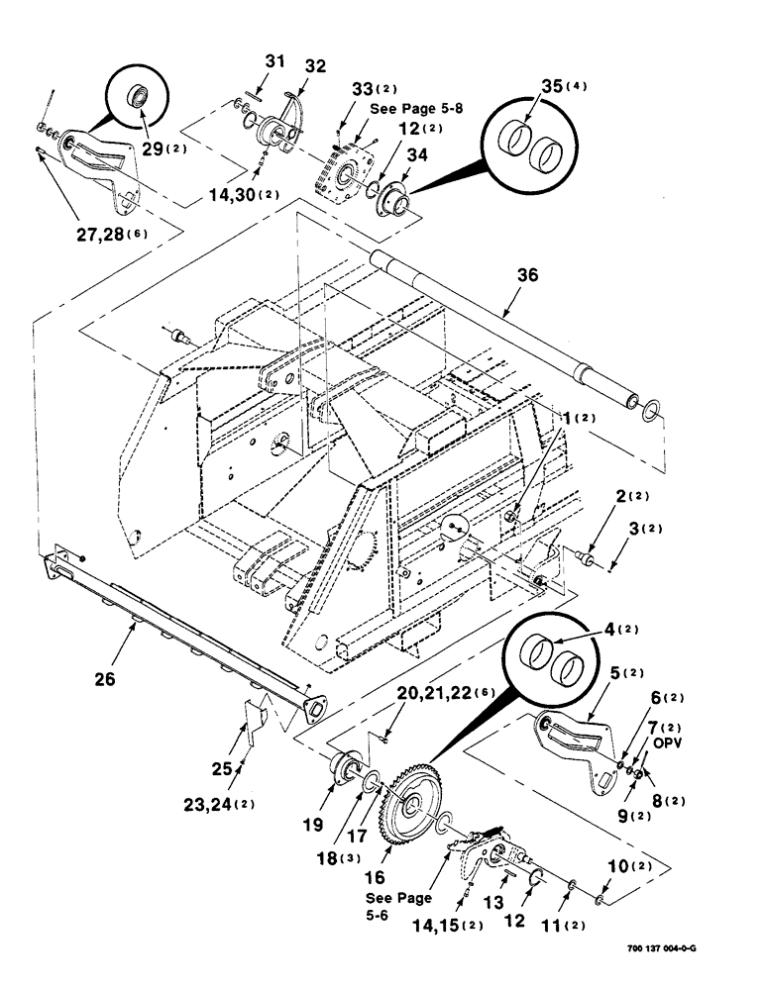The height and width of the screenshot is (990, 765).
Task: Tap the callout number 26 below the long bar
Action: coord(105,679)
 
